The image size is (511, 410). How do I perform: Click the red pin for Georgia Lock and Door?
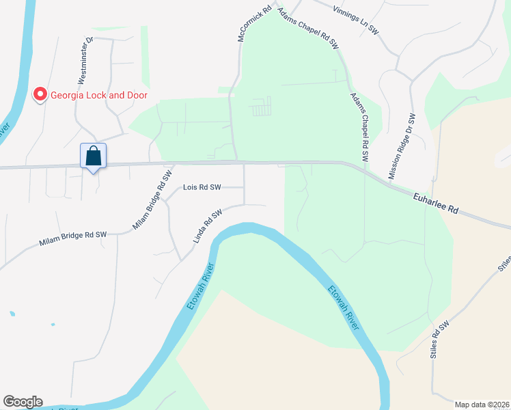tap(40, 94)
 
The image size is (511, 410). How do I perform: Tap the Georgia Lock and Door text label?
tap(98, 95)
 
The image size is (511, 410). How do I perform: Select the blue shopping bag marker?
tap(93, 156)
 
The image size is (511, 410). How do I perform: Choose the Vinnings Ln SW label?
tap(355, 20)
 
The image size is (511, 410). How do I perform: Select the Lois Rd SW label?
tap(202, 187)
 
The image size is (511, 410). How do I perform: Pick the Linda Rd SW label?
tap(208, 226)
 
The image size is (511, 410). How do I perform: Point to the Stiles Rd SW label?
tap(439, 339)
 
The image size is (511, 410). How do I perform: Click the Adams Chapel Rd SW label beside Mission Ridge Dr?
tap(359, 127)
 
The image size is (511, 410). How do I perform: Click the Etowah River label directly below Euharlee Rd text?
tap(343, 307)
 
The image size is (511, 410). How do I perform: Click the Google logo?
tap(23, 402)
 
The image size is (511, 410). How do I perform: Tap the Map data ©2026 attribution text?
tap(482, 405)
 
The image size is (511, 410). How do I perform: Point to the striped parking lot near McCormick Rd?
tap(262, 107)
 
